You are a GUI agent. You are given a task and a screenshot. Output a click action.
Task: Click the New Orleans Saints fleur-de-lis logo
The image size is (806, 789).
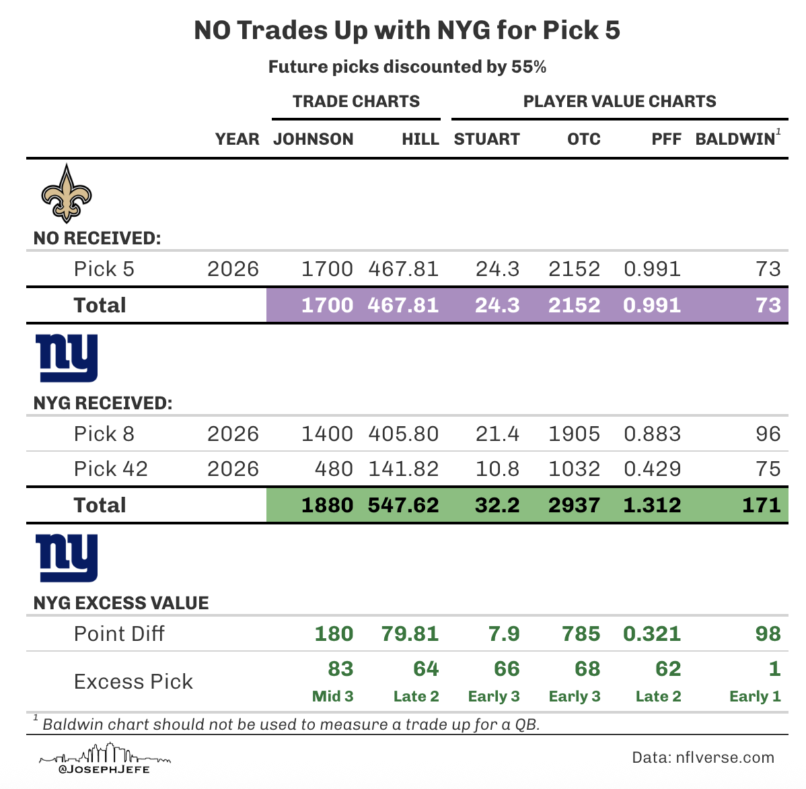pos(66,193)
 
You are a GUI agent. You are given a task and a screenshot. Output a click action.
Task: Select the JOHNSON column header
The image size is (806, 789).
pos(313,139)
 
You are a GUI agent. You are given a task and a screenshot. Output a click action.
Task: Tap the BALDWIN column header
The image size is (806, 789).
pos(735,139)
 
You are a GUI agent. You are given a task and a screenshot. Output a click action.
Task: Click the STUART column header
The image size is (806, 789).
pos(486,139)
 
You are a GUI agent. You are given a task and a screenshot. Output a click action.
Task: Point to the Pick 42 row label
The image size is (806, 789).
pos(110,469)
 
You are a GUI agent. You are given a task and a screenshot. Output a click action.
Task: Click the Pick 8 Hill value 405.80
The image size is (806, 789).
pos(403,434)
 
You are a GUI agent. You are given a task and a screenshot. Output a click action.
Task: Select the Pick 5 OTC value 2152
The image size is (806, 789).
pos(573,269)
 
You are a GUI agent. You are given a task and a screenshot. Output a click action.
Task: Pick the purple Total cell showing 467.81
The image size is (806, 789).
pos(403,306)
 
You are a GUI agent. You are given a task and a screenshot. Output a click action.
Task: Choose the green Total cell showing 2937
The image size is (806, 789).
pos(573,506)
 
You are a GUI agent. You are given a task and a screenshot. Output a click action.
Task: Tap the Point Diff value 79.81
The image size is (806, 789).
pos(410,634)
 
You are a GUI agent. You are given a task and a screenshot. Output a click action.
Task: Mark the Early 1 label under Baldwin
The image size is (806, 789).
pos(755,697)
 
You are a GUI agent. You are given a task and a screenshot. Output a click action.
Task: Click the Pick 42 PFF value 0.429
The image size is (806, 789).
pos(652,469)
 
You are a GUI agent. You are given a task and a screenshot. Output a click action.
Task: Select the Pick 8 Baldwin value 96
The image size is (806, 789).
pos(768,434)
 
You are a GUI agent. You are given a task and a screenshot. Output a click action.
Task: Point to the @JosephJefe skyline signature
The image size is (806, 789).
pos(104,759)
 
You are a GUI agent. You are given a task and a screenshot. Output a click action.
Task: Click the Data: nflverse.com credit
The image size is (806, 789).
pos(703,758)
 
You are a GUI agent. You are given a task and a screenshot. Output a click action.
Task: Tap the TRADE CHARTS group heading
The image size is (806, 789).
pos(356,102)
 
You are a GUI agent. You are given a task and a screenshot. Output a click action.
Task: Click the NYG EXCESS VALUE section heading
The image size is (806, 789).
pos(121,603)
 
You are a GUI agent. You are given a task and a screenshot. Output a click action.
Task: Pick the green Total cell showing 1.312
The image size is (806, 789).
pos(652,506)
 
